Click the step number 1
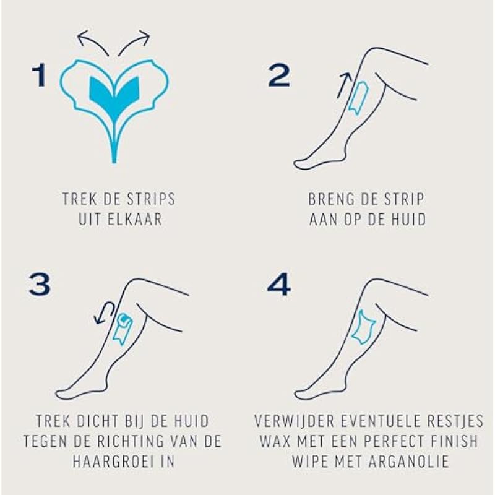point(39,75)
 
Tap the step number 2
point(279,75)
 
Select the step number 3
point(40,285)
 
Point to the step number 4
point(279,285)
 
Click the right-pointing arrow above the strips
point(135,40)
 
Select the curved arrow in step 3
point(104,312)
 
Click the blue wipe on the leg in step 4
point(363,327)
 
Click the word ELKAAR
point(135,220)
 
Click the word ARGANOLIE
point(408,461)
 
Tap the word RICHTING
point(131,441)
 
